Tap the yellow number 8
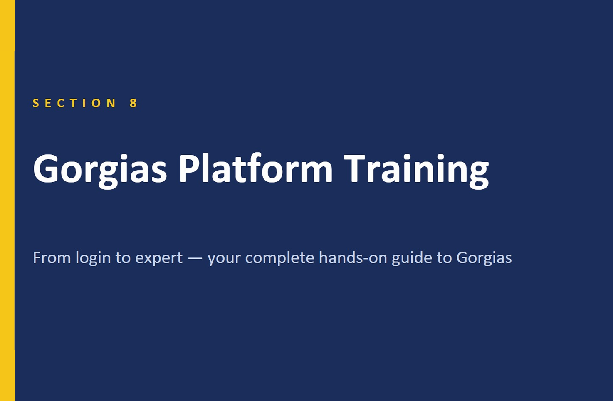(x=133, y=103)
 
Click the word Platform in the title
(x=256, y=168)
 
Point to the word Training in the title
(x=416, y=171)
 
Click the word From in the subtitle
(x=52, y=258)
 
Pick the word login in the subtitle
(x=93, y=259)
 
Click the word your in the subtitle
(x=224, y=260)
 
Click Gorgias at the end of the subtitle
(x=484, y=259)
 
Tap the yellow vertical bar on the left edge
(x=7, y=200)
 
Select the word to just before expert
(x=123, y=258)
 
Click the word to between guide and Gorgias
(x=444, y=258)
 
